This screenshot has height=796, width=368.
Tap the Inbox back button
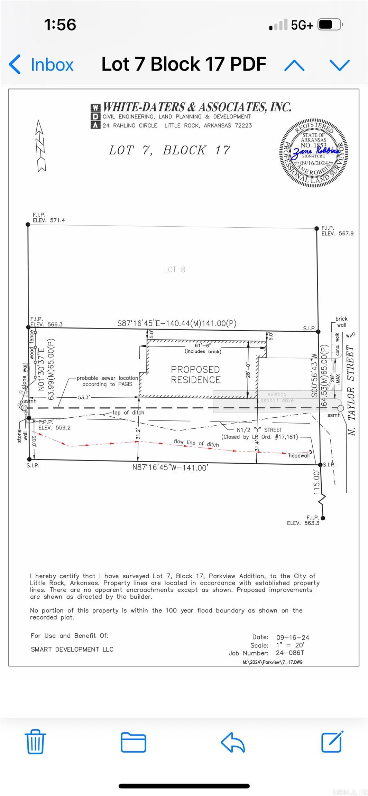[42, 65]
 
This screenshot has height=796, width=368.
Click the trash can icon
[35, 742]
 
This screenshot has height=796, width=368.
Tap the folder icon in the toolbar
[133, 742]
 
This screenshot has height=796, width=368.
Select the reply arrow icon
[233, 742]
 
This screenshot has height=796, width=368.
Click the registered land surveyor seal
[314, 153]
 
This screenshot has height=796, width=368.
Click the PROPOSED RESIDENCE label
[196, 375]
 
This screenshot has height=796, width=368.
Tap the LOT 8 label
[175, 269]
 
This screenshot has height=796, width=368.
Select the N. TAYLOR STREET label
[351, 390]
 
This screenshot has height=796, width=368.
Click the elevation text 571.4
[57, 220]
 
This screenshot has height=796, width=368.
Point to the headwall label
[299, 456]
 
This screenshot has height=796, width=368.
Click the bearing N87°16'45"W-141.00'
[170, 467]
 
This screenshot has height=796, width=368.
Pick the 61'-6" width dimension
[203, 345]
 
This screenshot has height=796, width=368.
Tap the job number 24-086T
[290, 653]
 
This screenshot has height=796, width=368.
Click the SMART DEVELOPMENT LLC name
[72, 649]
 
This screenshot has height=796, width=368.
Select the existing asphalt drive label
[277, 397]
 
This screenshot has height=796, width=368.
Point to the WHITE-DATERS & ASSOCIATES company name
[197, 107]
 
